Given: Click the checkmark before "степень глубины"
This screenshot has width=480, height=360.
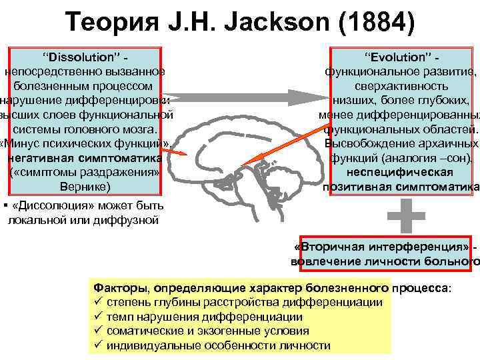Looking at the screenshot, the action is point(97,303).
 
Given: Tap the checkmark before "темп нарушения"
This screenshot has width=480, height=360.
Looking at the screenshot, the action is point(97,317).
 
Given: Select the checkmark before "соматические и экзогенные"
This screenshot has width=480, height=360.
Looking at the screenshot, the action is point(97,331).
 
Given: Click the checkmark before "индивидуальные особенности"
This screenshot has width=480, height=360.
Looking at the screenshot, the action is point(97,345).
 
